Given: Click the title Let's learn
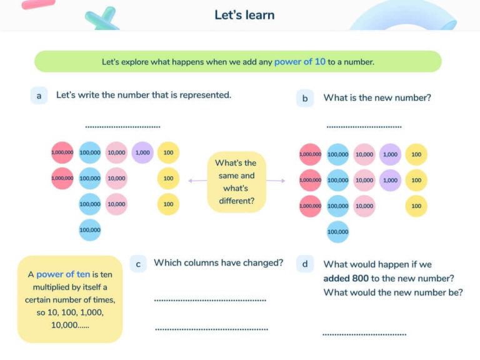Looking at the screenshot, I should pos(244,15).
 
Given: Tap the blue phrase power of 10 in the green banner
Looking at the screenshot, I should pos(300,62).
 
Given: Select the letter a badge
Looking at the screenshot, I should pos(39,96).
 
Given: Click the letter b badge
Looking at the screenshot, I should pos(304,98).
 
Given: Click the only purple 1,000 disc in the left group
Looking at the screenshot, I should pos(142,152).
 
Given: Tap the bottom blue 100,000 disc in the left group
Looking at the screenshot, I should pos(90,230).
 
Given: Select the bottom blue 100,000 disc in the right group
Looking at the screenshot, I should pos(338,232).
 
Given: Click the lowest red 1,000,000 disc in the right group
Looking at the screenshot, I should pos(310,206).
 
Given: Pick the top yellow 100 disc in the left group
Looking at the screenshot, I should pos(168,152).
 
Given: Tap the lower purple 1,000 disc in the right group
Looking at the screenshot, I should pos(390,180).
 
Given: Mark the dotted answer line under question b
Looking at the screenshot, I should pos(364,127).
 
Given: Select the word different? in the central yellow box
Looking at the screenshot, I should pos(236,201).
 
